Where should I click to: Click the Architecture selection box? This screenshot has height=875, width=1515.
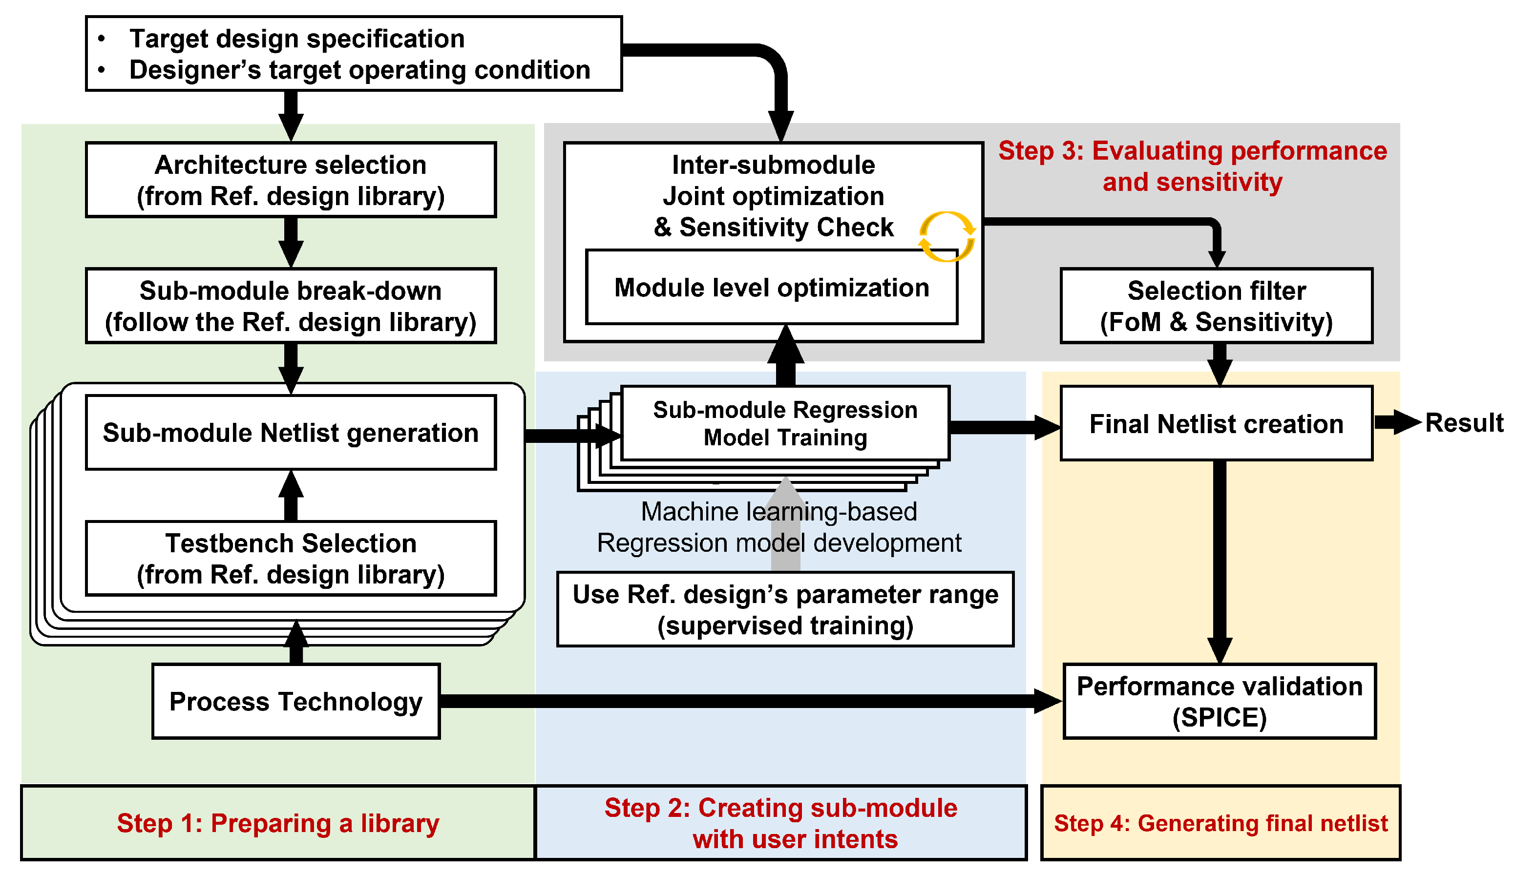(291, 180)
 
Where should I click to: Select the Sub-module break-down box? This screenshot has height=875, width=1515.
(291, 306)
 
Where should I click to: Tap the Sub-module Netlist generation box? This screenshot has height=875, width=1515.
(291, 433)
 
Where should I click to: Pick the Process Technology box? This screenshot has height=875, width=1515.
(295, 701)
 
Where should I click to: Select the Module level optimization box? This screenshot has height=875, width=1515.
(772, 288)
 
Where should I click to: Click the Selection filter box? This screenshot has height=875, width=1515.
(1216, 306)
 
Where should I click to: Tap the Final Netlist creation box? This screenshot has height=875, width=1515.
(1216, 424)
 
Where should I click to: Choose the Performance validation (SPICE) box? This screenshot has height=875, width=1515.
(1220, 701)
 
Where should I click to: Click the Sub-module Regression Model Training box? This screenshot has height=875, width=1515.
(785, 424)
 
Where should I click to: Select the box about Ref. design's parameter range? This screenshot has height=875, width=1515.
(785, 609)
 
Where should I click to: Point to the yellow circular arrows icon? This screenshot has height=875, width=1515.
(947, 237)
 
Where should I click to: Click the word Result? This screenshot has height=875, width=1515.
(1464, 422)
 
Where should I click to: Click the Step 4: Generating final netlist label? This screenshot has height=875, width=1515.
(1220, 823)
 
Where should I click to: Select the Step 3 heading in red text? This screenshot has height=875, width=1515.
(1192, 166)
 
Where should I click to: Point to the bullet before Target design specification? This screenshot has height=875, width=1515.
(102, 39)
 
